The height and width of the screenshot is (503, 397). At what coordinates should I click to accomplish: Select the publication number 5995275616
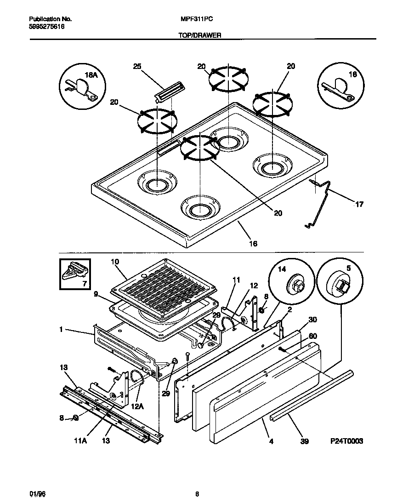coord(46,27)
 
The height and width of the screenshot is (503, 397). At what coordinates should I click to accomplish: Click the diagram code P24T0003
coord(347,441)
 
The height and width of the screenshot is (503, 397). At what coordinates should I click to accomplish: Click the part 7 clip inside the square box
coord(74,272)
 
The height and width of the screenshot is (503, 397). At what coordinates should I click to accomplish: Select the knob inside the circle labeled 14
coord(295,286)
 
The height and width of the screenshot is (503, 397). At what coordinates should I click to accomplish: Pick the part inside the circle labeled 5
coord(340,287)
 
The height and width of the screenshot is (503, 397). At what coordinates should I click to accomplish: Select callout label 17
coord(359,204)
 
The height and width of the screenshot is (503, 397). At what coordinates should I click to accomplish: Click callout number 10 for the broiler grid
coord(115,262)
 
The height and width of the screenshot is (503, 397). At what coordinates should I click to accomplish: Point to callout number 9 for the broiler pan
coord(96,293)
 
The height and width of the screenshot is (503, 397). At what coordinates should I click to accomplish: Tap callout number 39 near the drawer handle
coord(304,441)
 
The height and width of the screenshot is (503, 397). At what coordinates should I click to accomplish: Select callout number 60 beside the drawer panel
coord(312,336)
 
